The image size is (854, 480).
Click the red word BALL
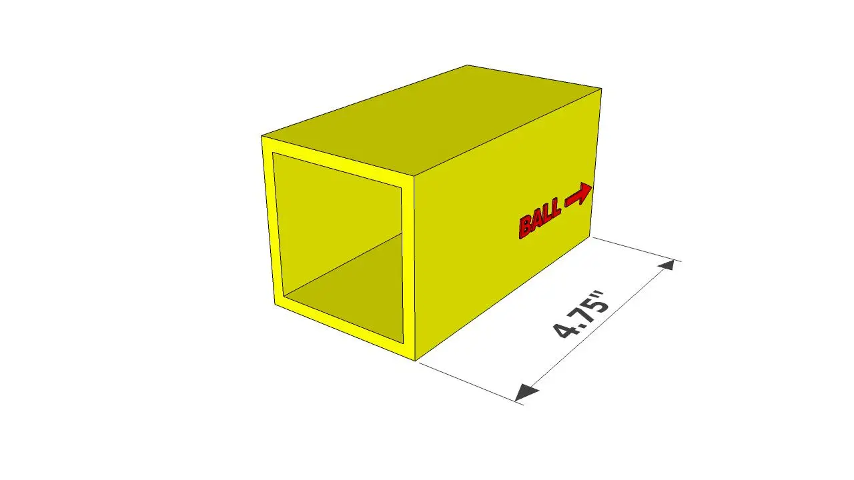pyautogui.click(x=540, y=219)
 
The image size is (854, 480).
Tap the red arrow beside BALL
pyautogui.click(x=578, y=195)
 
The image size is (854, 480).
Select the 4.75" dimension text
pyautogui.click(x=580, y=315)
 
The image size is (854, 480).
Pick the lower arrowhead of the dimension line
pyautogui.click(x=527, y=393)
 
